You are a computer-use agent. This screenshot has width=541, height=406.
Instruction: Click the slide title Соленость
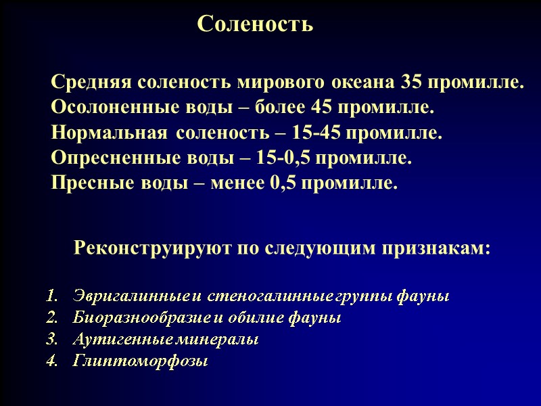coord(255,24)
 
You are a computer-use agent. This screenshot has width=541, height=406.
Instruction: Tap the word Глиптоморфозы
coord(139,362)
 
